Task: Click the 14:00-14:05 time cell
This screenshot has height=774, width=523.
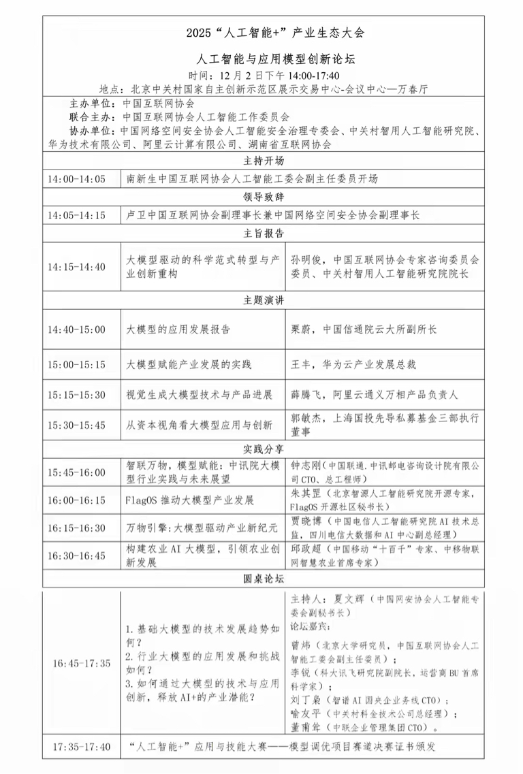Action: tap(76, 179)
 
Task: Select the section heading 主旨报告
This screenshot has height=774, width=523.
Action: tap(263, 233)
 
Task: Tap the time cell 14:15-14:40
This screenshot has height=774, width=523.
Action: tap(76, 266)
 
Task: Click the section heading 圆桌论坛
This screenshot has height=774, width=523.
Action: tap(263, 579)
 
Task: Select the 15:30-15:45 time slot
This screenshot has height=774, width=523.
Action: tap(76, 425)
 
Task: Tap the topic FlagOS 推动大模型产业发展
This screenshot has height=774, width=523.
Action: tap(190, 500)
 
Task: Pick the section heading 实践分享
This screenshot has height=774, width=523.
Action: tap(263, 450)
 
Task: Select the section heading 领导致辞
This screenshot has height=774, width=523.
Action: tap(263, 197)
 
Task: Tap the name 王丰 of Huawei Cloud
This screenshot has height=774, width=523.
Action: tap(301, 364)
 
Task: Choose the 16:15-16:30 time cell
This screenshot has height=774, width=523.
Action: tap(76, 528)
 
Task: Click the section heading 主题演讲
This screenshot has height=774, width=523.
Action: tap(263, 300)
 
